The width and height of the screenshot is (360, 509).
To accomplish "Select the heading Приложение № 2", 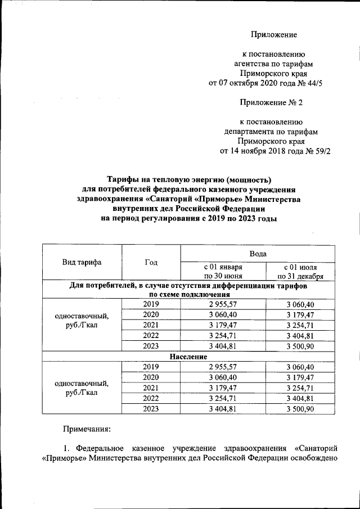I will click(x=272, y=102).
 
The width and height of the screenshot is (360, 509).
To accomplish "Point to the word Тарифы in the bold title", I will click(x=124, y=179).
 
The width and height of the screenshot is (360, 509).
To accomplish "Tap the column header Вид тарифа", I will click(x=82, y=262).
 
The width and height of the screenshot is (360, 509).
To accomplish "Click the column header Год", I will click(x=151, y=262).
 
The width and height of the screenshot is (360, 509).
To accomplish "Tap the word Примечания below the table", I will click(x=86, y=430).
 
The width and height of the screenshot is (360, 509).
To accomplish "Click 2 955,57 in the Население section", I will click(x=223, y=367).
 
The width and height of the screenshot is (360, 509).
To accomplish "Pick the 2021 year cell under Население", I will click(x=151, y=388).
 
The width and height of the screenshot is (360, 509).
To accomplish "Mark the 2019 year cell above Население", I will click(x=151, y=304).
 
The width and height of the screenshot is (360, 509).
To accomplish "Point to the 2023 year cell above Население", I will click(x=151, y=345).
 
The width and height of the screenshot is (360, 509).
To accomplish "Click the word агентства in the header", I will click(x=252, y=63).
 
